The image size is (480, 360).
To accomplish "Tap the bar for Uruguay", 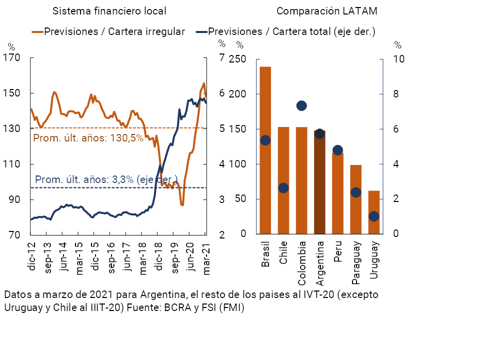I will point(373,212).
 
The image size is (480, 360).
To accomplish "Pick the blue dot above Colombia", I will point(301,105).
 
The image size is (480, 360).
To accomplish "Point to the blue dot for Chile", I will point(283,188).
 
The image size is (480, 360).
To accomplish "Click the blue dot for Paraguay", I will point(355,192).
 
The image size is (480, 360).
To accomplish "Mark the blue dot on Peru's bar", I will point(337,150).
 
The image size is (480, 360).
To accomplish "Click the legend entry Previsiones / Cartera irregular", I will point(114,31).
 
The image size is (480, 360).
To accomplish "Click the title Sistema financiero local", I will point(109,11).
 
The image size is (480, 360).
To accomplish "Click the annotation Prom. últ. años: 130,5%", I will point(88,138).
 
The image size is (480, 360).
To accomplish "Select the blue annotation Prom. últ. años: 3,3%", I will point(106,179).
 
